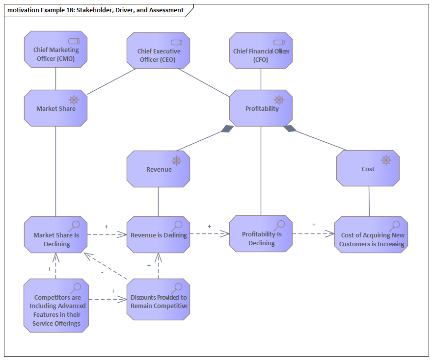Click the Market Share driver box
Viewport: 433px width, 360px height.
click(55, 108)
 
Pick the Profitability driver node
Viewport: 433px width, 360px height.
click(261, 108)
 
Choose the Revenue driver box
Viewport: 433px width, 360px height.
click(158, 169)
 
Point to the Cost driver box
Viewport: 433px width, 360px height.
click(368, 169)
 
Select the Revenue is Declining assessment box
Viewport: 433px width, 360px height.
click(158, 235)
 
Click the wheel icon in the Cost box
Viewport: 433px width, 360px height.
click(386, 160)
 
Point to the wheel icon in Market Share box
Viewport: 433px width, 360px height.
click(74, 100)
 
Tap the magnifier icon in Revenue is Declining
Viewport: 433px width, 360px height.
click(177, 225)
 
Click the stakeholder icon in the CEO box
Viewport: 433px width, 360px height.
click(176, 42)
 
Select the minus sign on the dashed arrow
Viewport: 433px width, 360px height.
click(102, 272)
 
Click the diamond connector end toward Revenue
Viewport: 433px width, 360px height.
click(227, 129)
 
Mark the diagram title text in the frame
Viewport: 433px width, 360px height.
click(96, 10)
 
